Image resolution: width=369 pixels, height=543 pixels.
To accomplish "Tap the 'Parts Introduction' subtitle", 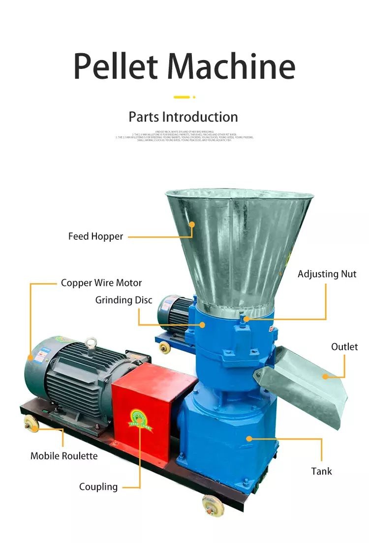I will click(183, 117).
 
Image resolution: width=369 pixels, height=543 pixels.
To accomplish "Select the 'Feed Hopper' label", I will click(95, 236).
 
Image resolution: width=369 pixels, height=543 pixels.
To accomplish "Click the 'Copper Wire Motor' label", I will click(101, 283).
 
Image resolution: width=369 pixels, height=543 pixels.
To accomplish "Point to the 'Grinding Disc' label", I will click(123, 300).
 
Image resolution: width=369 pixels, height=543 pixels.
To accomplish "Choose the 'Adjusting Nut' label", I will click(327, 274).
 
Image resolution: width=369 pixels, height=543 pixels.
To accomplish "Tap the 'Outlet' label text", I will click(344, 347).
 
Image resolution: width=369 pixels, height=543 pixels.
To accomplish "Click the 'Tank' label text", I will click(321, 471).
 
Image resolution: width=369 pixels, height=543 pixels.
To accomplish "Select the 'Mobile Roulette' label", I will click(64, 456).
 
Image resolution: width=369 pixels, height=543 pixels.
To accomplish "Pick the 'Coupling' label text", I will click(98, 487).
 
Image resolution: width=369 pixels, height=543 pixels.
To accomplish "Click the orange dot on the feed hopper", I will click(192, 224).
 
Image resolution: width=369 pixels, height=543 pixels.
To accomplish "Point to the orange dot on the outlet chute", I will click(325, 377).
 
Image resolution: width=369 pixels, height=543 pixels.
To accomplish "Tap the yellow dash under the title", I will click(182, 97).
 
